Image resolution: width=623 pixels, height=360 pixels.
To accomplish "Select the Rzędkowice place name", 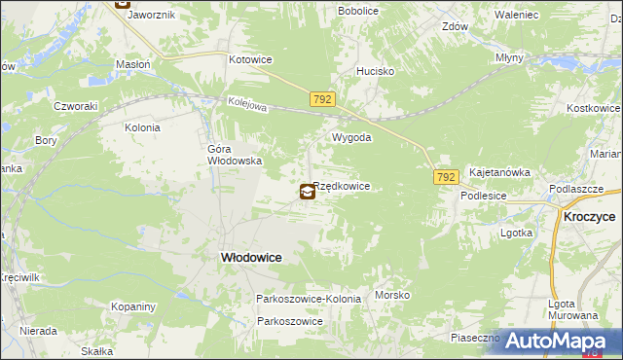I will [342, 186].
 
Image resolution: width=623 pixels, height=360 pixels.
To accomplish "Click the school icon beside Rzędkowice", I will [308, 192].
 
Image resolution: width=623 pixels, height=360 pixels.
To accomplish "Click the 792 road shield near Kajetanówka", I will [446, 177].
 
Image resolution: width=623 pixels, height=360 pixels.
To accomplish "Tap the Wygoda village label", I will [352, 138].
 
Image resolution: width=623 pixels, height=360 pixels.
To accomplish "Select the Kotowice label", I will [250, 59].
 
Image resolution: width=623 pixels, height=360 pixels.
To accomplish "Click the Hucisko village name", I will [375, 71].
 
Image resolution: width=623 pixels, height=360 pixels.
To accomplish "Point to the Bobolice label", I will [357, 10].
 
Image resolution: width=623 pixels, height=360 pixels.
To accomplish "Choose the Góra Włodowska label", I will [235, 156].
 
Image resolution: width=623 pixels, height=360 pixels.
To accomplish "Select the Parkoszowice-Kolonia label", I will [309, 299].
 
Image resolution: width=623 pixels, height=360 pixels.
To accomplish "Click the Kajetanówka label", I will [499, 172].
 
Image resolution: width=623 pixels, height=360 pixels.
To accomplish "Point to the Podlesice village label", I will [485, 195].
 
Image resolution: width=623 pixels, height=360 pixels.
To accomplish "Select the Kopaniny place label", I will [133, 306].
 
